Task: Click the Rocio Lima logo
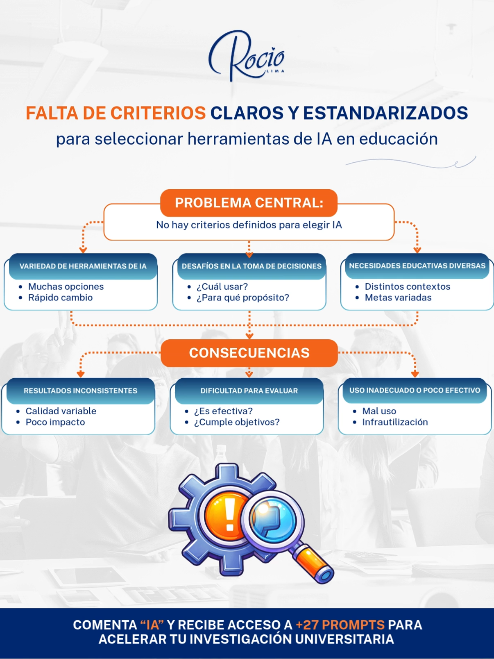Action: coord(247,56)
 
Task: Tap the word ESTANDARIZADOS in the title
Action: coord(385,113)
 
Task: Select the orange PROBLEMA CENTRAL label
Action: coord(249,202)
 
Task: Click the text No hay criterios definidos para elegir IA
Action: coord(249,225)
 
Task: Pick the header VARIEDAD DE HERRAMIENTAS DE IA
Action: coord(83,266)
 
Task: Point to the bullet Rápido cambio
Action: coord(60,298)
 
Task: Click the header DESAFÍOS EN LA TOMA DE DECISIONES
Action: coord(252,266)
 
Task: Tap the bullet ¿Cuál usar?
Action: coord(222,287)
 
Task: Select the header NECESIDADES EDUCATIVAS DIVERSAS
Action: coord(417,266)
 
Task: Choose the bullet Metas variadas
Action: coord(398,298)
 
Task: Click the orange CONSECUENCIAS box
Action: coord(249,353)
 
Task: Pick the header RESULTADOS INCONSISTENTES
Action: coord(80,391)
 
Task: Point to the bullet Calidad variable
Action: coord(61,411)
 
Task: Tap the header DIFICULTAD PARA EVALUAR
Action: coord(249,391)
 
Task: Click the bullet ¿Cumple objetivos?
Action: coord(237,422)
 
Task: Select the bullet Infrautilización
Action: coord(395,422)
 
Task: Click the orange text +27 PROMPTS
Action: coord(340,625)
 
